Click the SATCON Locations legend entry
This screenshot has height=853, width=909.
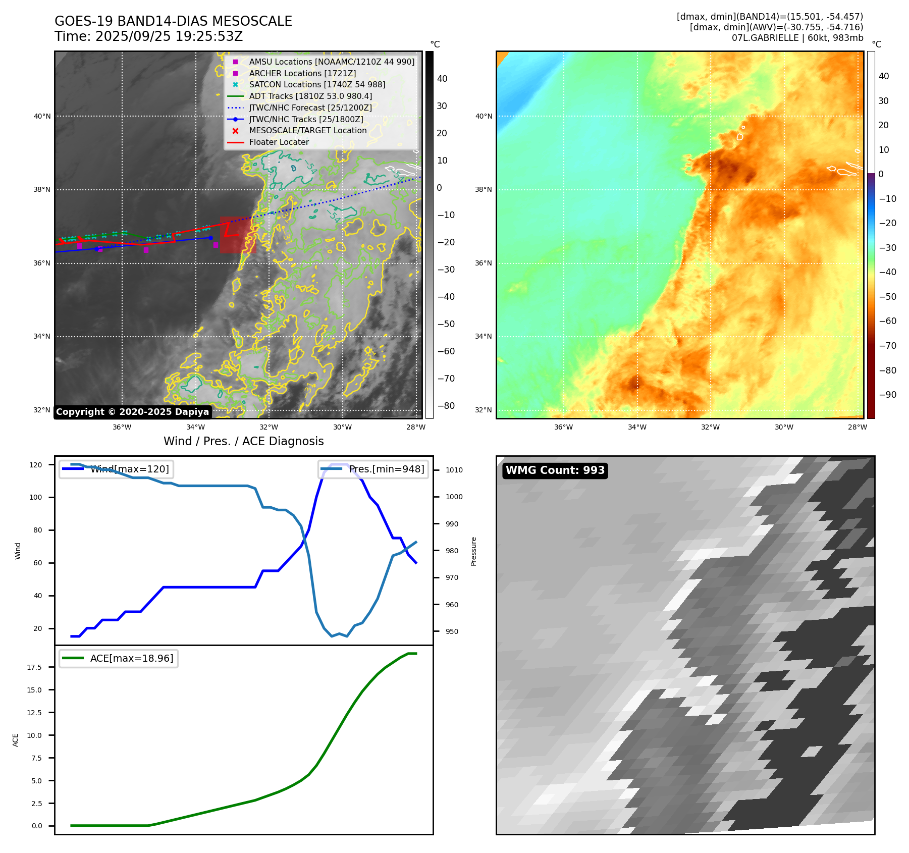(x=317, y=84)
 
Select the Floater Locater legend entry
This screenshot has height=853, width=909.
(x=279, y=142)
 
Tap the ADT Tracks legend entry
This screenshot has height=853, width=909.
(x=310, y=96)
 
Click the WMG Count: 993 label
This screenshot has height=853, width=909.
(x=555, y=470)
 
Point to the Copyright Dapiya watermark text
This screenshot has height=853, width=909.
(x=132, y=412)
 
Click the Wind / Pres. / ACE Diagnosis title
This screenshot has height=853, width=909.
(x=243, y=441)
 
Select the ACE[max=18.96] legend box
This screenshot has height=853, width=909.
(x=119, y=658)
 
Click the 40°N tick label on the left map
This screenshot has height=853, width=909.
(x=42, y=116)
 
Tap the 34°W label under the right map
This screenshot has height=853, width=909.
(x=637, y=427)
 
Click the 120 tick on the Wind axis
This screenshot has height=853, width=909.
(x=36, y=465)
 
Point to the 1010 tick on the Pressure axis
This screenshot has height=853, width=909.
(x=454, y=470)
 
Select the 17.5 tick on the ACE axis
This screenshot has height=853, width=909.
(x=34, y=667)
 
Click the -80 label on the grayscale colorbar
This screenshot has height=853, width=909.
(x=446, y=406)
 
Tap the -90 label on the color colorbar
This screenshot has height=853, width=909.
(x=887, y=395)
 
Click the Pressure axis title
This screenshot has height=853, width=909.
(x=473, y=551)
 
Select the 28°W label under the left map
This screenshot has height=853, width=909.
(x=416, y=427)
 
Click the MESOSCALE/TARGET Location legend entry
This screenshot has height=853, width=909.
(x=308, y=130)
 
